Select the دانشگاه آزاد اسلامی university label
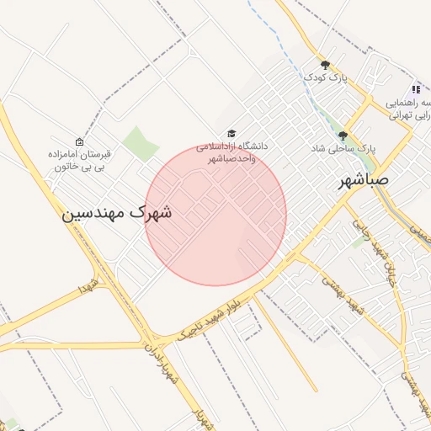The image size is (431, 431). (231, 152)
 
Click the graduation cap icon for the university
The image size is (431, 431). (231, 134)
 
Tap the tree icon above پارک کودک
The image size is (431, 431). (325, 64)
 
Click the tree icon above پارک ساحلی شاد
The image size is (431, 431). (343, 135)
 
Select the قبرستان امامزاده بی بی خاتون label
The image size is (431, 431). (78, 160)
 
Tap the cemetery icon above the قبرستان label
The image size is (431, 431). (79, 141)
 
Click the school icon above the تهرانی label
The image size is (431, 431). (415, 89)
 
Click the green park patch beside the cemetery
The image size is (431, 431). (140, 142)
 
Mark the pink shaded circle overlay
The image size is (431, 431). (215, 215)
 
